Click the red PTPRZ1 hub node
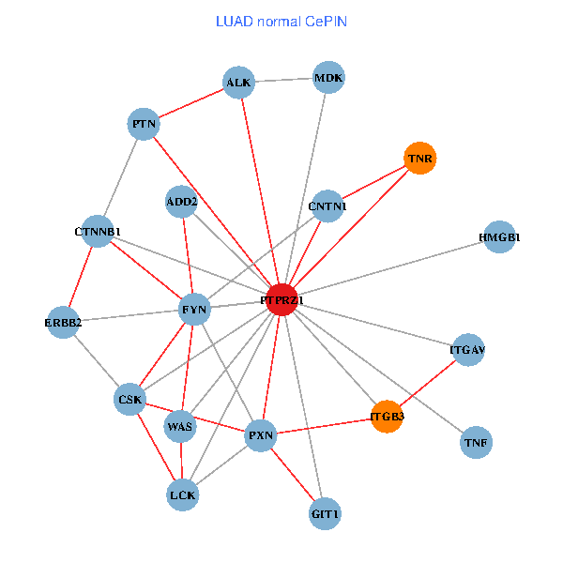click(x=282, y=299)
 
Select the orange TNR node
click(x=419, y=159)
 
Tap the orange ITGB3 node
click(x=387, y=416)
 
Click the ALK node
click(x=238, y=84)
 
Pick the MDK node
click(x=328, y=79)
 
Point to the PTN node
click(x=144, y=124)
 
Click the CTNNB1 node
click(x=98, y=231)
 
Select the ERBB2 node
click(x=63, y=323)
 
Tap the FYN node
click(x=193, y=309)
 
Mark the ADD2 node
click(x=182, y=202)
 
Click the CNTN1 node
click(x=327, y=205)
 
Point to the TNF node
click(x=477, y=441)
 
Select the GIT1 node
click(x=325, y=514)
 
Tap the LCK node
click(x=182, y=494)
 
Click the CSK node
click(x=129, y=400)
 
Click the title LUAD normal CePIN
click(x=281, y=21)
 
